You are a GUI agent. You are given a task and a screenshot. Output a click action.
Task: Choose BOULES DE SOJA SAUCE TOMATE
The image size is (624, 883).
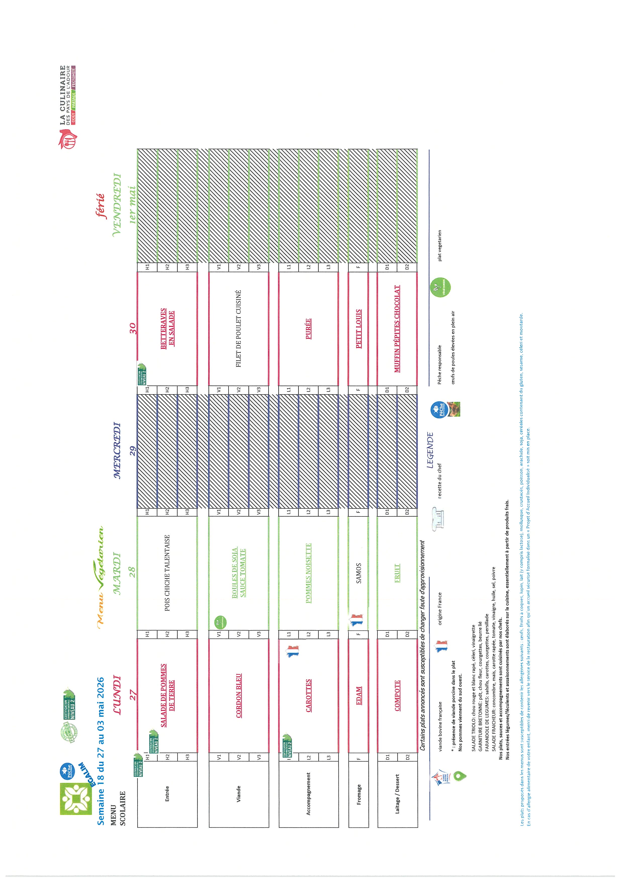[239, 573]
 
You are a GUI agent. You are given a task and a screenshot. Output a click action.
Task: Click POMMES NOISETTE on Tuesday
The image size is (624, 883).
[308, 573]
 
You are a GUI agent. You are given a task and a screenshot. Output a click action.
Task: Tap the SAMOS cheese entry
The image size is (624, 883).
[359, 573]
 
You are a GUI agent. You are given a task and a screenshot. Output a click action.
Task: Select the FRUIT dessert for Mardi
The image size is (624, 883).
[397, 573]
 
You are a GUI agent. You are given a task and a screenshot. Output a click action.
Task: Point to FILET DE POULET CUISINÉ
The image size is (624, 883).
[239, 329]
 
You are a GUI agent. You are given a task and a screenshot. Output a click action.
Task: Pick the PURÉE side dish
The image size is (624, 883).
[308, 329]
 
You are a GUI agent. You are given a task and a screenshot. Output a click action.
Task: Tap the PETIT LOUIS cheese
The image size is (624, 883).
[359, 329]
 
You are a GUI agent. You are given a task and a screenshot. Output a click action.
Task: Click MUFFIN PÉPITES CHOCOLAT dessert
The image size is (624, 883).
[397, 329]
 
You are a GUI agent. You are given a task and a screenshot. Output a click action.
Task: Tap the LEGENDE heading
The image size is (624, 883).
[430, 450]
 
